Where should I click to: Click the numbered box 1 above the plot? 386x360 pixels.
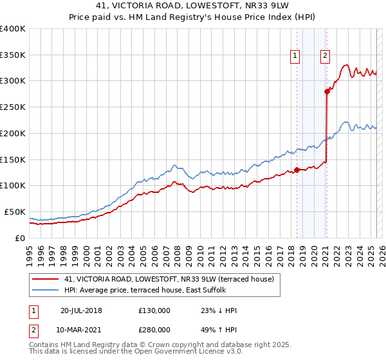pos(295,56)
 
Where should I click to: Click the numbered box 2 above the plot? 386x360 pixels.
pos(326,56)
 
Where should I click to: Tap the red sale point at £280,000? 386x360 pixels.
pos(327,91)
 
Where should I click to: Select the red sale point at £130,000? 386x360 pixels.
pos(297,170)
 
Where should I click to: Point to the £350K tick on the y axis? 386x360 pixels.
pos(13,55)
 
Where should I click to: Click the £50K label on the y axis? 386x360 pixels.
pos(15,212)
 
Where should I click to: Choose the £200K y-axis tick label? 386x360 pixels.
pos(13,133)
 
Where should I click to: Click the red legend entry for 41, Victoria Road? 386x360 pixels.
pos(169,279)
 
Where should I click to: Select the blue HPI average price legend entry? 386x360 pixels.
pos(154,290)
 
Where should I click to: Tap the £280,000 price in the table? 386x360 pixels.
pos(154,329)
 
